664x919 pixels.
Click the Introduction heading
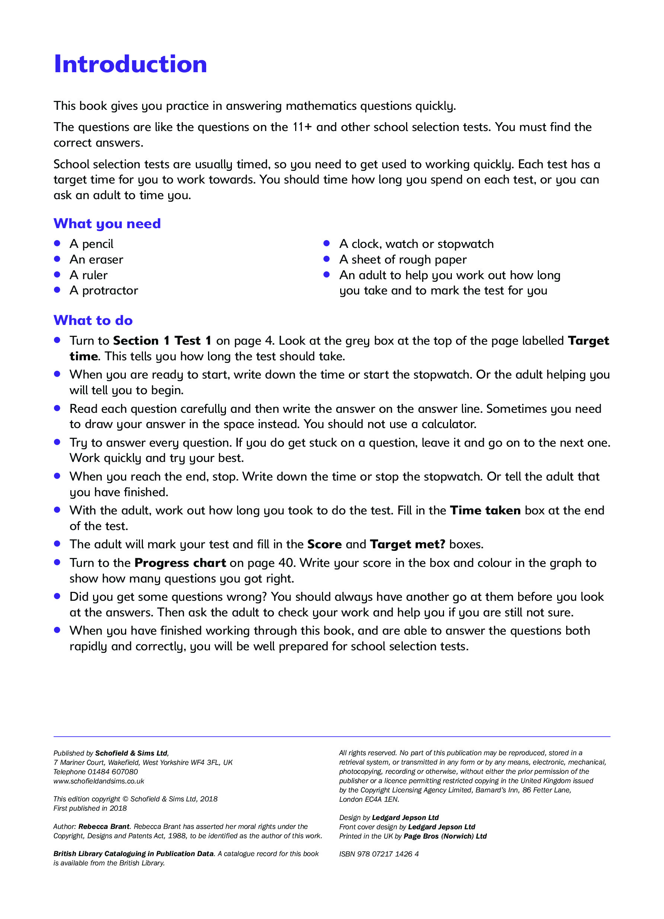pos(130,64)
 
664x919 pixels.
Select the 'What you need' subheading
pos(107,223)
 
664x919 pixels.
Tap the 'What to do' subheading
pos(93,320)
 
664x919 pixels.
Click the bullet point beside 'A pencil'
pos(57,243)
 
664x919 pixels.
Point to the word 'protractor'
pos(110,291)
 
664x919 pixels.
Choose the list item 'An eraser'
pos(96,259)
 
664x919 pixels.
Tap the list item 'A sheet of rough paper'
pos(403,259)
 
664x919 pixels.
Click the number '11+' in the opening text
pos(302,127)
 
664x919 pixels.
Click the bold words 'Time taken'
pos(485,511)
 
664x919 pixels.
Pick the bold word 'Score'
pos(325,544)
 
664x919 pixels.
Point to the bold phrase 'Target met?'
pos(408,544)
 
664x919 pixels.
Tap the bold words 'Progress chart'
pos(180,563)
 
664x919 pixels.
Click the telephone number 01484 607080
pos(113,772)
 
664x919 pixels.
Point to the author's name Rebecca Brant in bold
pos(104,826)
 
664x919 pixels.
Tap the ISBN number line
pos(379,854)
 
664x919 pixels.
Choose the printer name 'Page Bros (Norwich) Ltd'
pos(445,836)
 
